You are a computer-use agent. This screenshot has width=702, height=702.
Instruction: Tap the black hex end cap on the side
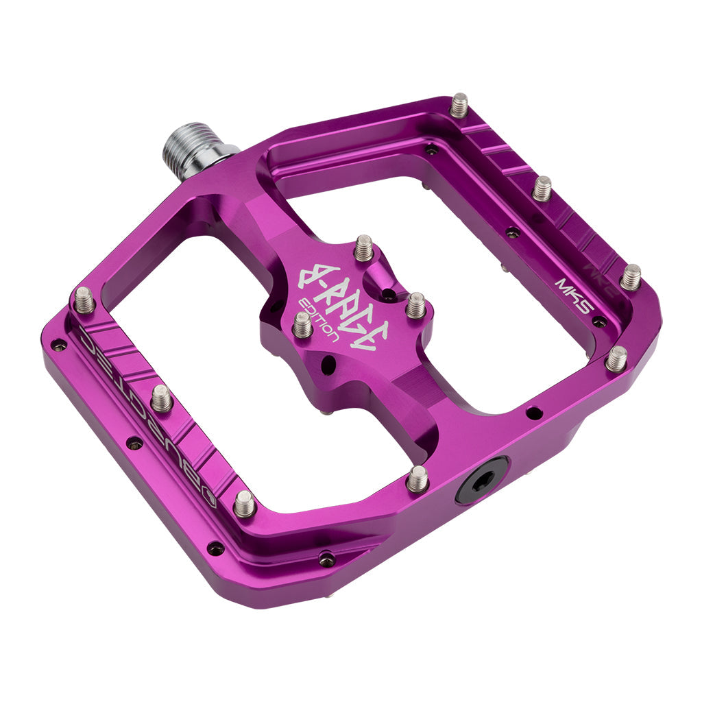(482, 480)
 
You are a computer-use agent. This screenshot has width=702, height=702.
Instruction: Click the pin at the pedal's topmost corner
(459, 105)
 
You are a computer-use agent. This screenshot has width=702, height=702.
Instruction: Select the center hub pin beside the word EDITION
(302, 324)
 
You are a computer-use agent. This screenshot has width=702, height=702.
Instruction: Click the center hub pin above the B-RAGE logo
(363, 247)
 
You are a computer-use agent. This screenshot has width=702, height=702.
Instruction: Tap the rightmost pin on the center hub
(415, 305)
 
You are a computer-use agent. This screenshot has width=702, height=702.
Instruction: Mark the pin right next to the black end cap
(417, 479)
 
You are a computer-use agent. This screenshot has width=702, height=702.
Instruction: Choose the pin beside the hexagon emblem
(244, 504)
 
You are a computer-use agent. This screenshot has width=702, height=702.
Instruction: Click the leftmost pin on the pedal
(84, 300)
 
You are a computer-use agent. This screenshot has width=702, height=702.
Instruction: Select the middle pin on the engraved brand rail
(161, 398)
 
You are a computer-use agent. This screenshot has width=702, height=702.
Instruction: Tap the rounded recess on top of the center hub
(379, 282)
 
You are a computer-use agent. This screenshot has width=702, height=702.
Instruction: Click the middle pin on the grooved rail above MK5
(542, 187)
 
